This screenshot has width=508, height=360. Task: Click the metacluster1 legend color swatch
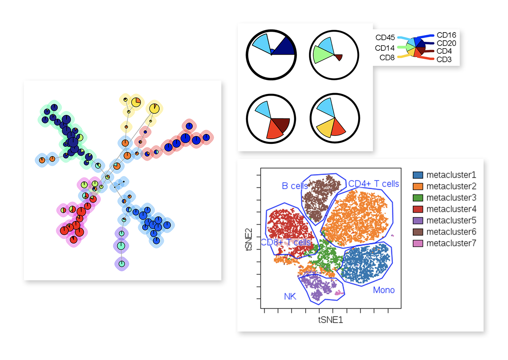tap(418, 175)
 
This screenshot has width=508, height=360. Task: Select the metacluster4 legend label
tap(451, 209)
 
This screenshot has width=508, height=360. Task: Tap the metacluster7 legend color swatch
tap(418, 243)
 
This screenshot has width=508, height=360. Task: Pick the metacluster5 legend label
tap(451, 220)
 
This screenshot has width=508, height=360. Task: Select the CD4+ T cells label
tap(373, 184)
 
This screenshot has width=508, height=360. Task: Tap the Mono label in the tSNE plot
tap(384, 290)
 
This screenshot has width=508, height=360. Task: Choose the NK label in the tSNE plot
tap(290, 297)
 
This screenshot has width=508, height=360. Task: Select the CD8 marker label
tap(387, 58)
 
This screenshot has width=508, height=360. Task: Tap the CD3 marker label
tap(444, 60)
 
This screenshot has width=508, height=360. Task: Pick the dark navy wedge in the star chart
tap(283, 47)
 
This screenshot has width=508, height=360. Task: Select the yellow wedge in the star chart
tap(325, 126)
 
